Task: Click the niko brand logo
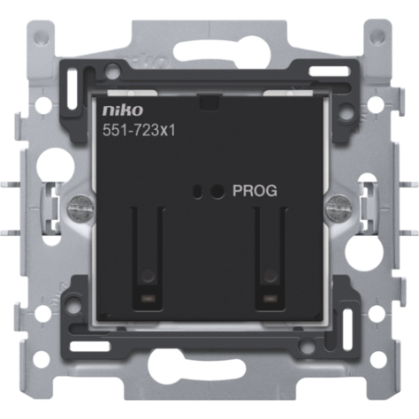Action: [x=123, y=110]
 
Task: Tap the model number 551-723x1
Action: [x=139, y=130]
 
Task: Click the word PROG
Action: [x=255, y=191]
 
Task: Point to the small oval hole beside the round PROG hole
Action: [x=197, y=191]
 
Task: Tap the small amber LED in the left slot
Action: [x=147, y=298]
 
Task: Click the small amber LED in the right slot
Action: [x=269, y=298]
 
